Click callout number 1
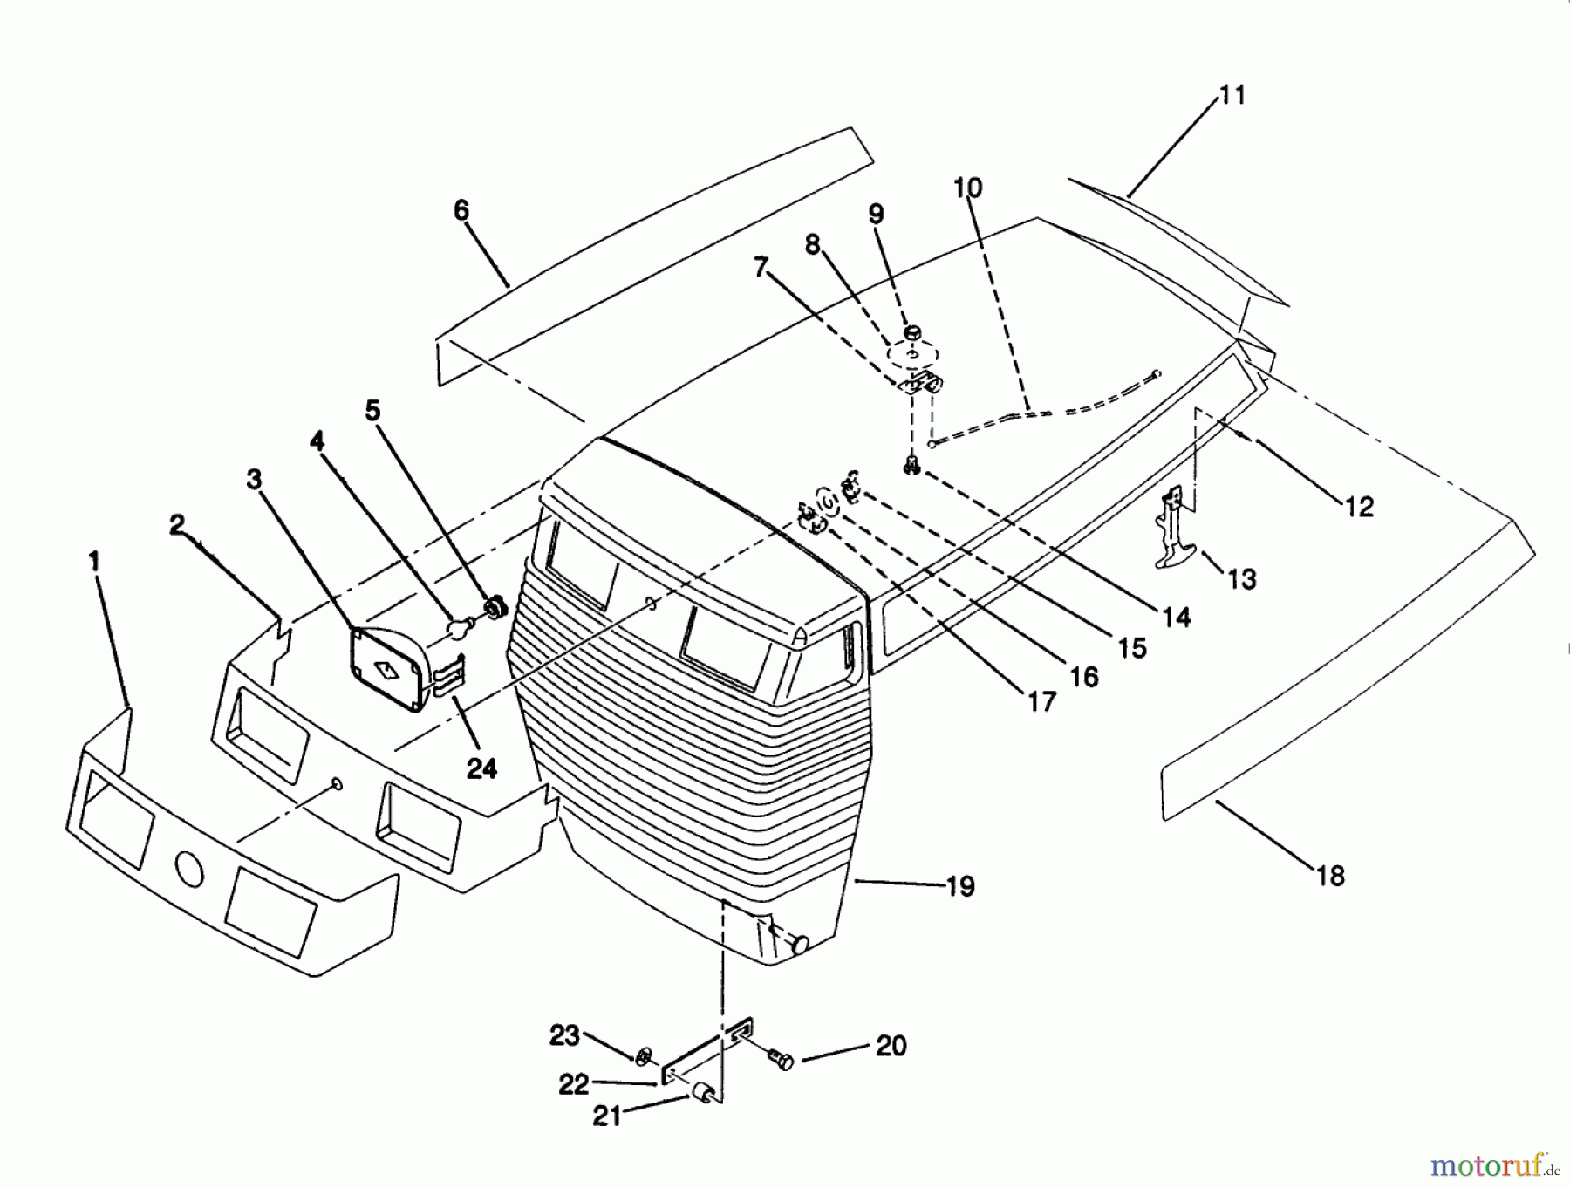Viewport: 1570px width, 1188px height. pyautogui.click(x=94, y=560)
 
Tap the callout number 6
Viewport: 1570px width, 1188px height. pyautogui.click(x=461, y=210)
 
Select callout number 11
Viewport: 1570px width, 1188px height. pyautogui.click(x=1232, y=94)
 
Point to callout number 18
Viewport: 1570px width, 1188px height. pyautogui.click(x=1330, y=875)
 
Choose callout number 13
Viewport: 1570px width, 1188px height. pyautogui.click(x=1241, y=578)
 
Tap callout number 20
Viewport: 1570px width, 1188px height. pyautogui.click(x=891, y=1045)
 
